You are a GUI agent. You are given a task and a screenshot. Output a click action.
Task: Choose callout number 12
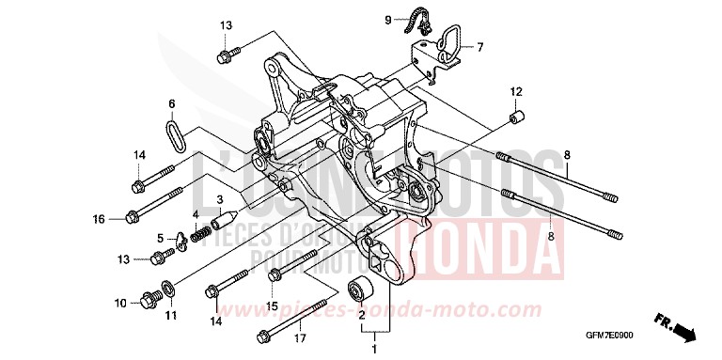point(515,91)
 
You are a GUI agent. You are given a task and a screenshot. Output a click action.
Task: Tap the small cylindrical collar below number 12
point(515,117)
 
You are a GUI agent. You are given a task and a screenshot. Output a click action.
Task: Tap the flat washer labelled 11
point(167,287)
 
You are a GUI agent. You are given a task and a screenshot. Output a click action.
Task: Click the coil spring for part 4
point(199,233)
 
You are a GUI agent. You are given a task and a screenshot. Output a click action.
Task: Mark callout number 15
point(270,305)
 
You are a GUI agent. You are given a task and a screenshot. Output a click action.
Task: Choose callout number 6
point(172,103)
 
